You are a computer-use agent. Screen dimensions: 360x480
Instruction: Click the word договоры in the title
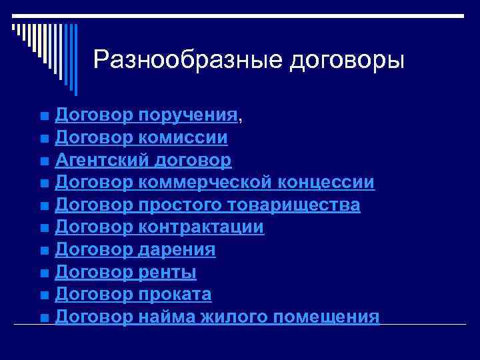pyautogui.click(x=347, y=61)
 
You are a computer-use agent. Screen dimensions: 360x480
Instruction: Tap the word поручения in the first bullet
pyautogui.click(x=189, y=117)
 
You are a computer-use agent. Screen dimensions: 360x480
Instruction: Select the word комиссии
pyautogui.click(x=184, y=138)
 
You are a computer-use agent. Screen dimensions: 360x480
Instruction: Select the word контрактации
pyautogui.click(x=202, y=227)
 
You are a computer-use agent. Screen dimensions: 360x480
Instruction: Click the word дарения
pyautogui.click(x=177, y=250)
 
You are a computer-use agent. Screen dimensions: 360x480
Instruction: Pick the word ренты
pyautogui.click(x=167, y=272)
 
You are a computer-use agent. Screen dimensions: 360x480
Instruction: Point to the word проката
pyautogui.click(x=175, y=295)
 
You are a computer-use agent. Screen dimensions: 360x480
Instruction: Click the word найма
pyautogui.click(x=164, y=317)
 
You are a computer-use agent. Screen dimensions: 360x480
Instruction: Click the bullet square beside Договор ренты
pyautogui.click(x=44, y=273)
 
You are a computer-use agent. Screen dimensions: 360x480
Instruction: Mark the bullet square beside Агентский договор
pyautogui.click(x=44, y=161)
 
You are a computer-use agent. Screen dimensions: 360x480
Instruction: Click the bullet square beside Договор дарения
pyautogui.click(x=44, y=251)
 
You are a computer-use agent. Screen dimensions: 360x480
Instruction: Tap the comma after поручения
pyautogui.click(x=241, y=120)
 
